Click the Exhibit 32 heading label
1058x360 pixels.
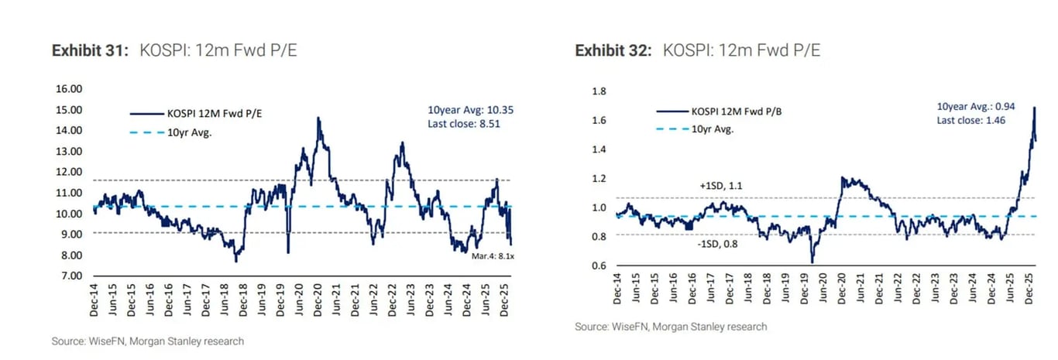click(613, 51)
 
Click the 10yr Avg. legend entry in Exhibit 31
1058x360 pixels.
click(190, 132)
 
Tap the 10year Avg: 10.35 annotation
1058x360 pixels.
click(470, 110)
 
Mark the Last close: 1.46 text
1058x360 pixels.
click(970, 120)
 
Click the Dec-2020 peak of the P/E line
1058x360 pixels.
click(318, 118)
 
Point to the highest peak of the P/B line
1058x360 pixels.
click(1034, 108)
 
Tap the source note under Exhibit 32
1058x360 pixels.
click(671, 327)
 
